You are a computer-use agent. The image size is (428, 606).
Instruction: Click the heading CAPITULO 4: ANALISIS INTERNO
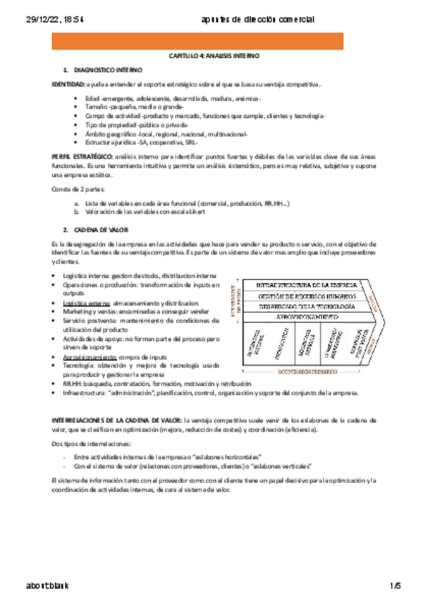point(214,55)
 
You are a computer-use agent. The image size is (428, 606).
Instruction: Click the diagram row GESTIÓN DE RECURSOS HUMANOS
point(302,296)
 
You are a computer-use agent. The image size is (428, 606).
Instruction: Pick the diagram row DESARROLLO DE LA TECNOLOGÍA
point(302,307)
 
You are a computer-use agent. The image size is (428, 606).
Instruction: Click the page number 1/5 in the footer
point(395,587)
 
